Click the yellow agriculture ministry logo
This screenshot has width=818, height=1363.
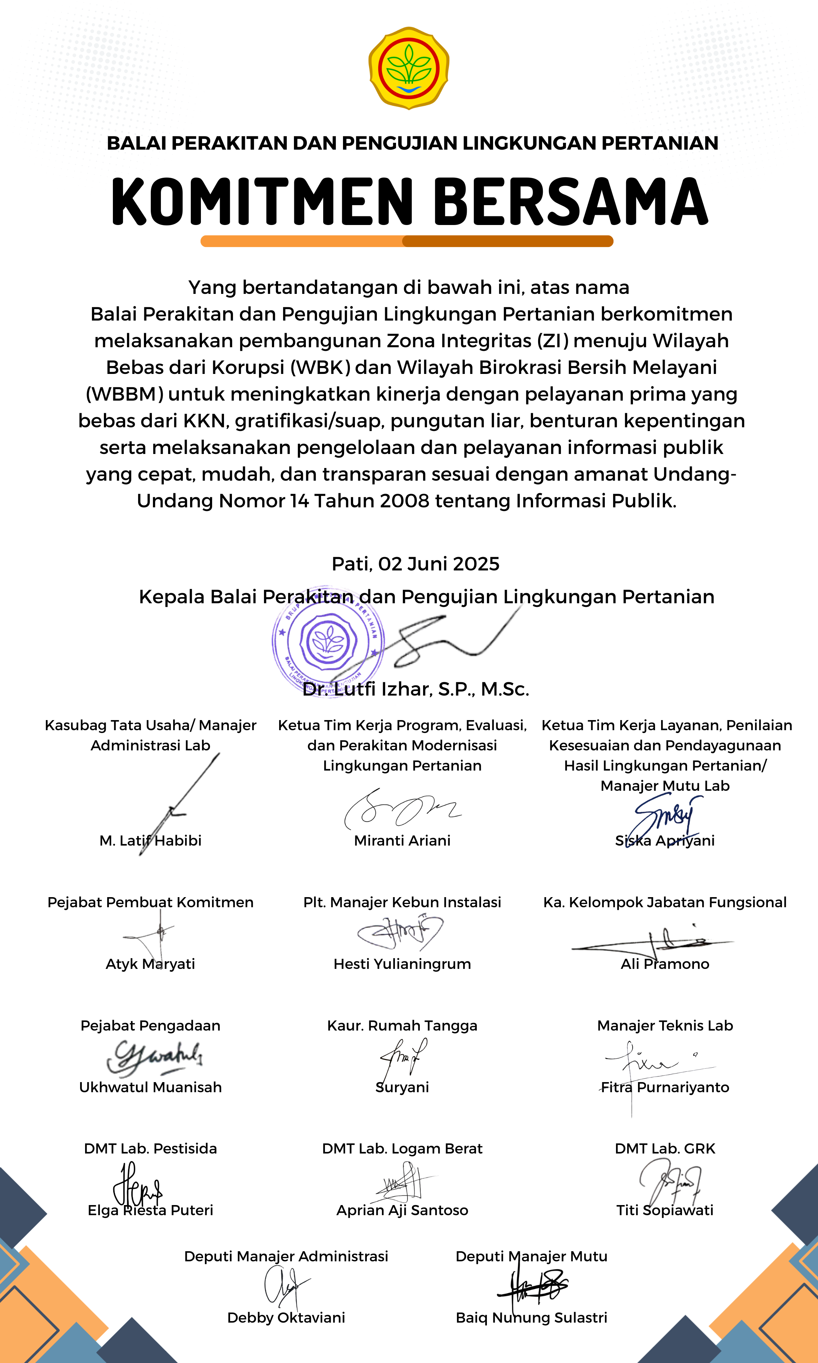[408, 68]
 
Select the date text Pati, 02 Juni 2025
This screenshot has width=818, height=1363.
[415, 564]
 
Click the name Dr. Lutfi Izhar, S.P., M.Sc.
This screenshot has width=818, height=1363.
[415, 689]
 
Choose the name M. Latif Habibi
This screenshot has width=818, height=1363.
[150, 841]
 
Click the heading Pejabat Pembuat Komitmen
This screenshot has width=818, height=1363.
[150, 903]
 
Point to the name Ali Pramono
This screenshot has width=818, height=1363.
[665, 964]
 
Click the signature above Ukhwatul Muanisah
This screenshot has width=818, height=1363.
[154, 1057]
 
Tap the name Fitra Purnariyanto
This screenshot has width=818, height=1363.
[665, 1088]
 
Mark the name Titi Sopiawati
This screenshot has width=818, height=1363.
[665, 1210]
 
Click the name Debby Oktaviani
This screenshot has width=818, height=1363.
[286, 1318]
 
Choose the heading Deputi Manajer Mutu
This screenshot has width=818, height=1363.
[531, 1257]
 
